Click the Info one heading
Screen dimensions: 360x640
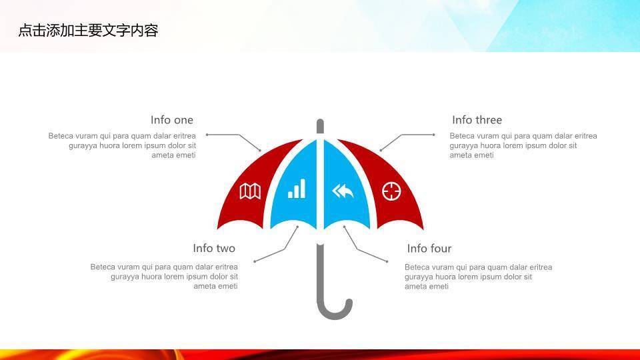(172, 120)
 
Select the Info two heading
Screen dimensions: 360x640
(214, 248)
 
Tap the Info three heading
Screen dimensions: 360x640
(477, 120)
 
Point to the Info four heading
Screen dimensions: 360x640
(429, 248)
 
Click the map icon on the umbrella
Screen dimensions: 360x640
(250, 191)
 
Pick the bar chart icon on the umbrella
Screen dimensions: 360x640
(297, 189)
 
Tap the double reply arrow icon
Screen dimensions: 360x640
(343, 192)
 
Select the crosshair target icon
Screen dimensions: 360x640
(391, 191)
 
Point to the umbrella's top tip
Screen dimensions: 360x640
(320, 125)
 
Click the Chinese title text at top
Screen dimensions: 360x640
(88, 30)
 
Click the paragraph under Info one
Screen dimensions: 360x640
(122, 145)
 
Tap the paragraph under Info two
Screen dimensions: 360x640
(164, 277)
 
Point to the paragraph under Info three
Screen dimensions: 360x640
(523, 145)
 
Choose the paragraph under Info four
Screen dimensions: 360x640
(478, 277)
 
